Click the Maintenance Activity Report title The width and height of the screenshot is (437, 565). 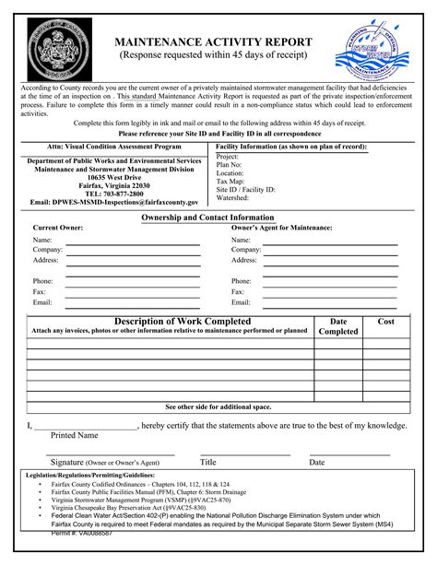212,42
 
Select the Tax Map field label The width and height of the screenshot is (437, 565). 231,181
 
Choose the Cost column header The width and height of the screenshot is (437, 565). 385,321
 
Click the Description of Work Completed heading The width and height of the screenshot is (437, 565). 169,321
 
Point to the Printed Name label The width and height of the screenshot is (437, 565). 75,435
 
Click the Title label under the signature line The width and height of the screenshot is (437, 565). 208,462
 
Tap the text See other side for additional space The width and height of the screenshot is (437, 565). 218,406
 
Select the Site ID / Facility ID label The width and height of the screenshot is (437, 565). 245,189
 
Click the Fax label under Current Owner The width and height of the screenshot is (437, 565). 39,291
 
